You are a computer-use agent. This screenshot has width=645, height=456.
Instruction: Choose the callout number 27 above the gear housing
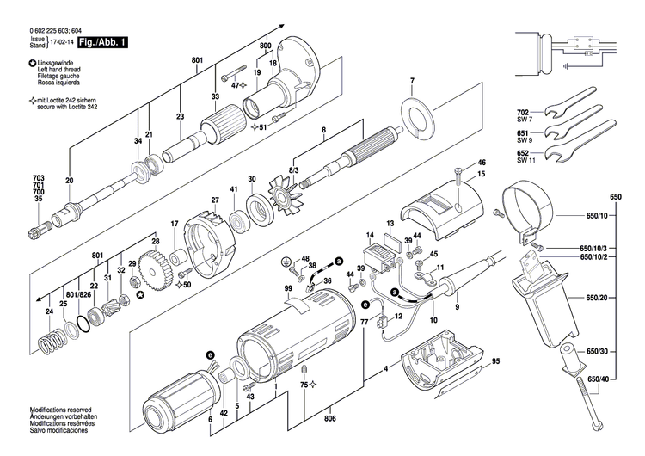tap(215, 200)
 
